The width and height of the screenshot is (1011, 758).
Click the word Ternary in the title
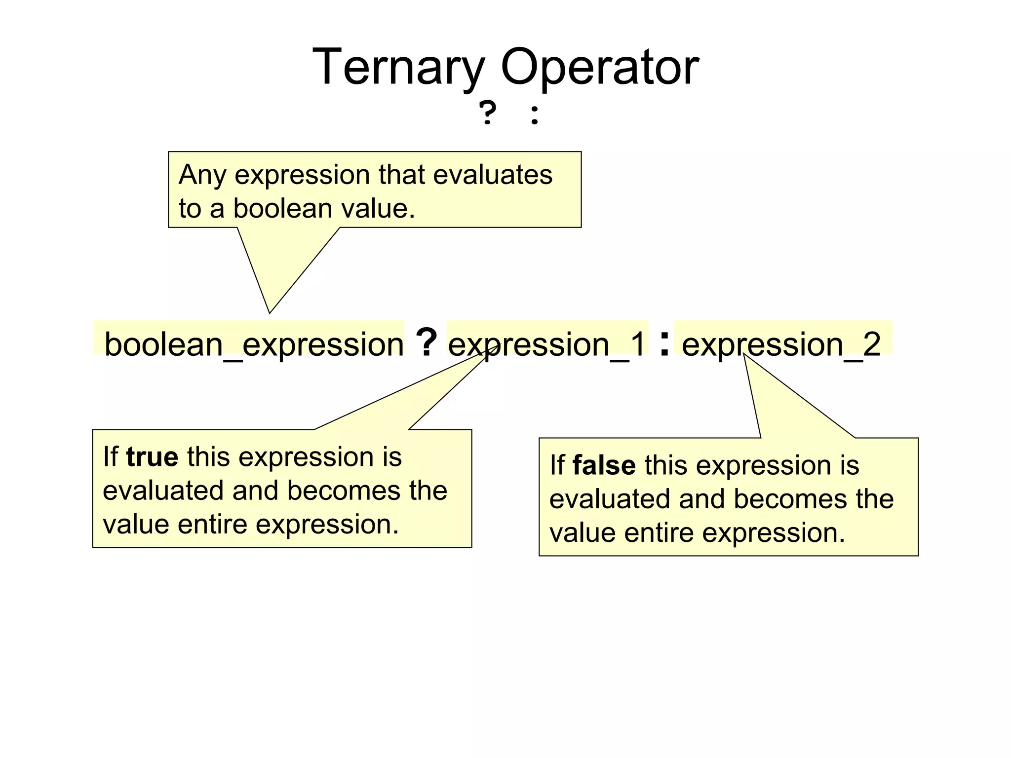click(x=399, y=67)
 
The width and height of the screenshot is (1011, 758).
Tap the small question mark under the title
click(x=487, y=113)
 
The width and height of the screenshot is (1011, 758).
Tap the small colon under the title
click(x=534, y=114)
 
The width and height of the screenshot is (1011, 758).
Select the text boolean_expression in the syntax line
click(x=254, y=344)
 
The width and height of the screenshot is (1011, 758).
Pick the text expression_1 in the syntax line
click(x=547, y=344)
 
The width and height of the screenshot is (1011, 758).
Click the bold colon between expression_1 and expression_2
click(x=664, y=343)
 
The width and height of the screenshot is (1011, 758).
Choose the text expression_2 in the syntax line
click(x=781, y=344)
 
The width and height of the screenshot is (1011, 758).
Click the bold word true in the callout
click(x=152, y=456)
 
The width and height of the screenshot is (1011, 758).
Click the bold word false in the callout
click(x=604, y=465)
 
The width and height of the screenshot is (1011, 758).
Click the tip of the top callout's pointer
click(x=270, y=312)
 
